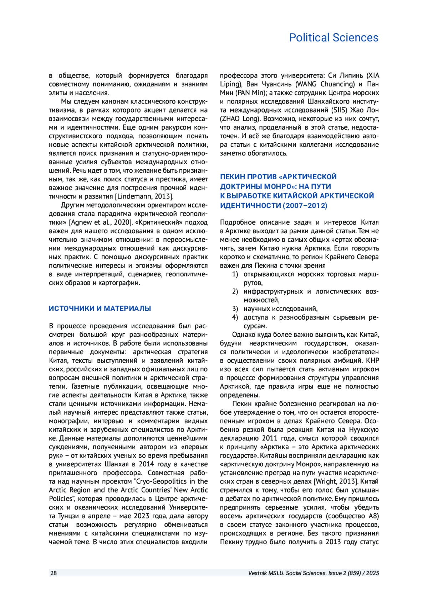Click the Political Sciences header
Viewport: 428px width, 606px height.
pyautogui.click(x=333, y=37)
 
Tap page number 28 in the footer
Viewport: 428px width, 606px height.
pyautogui.click(x=53, y=573)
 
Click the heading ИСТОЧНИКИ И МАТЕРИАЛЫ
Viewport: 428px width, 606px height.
pyautogui.click(x=100, y=309)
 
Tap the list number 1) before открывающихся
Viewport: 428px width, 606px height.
pyautogui.click(x=235, y=274)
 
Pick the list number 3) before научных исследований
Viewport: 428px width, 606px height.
pyautogui.click(x=235, y=309)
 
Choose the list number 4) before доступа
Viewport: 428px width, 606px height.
pyautogui.click(x=235, y=317)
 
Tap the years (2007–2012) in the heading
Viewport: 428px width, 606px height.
pyautogui.click(x=305, y=206)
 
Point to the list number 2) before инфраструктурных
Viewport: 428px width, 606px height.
pyautogui.click(x=235, y=291)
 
